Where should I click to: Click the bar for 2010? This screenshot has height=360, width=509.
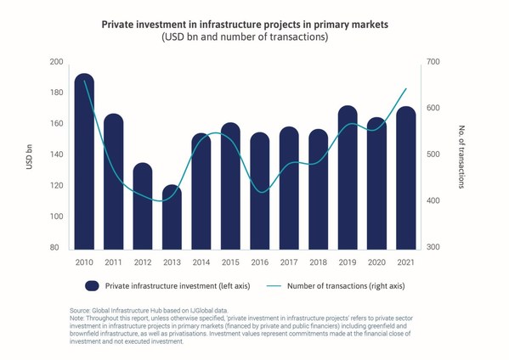tap(84, 161)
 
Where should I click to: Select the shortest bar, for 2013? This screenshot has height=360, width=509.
tap(172, 217)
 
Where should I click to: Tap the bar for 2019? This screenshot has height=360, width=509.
tap(348, 177)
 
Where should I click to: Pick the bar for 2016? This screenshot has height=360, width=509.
tap(260, 191)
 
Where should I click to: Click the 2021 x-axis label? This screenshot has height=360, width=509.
tap(406, 262)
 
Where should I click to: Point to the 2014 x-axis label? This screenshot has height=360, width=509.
tap(201, 262)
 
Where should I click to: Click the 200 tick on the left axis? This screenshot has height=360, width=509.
tap(56, 62)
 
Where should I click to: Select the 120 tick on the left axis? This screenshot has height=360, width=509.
tap(56, 185)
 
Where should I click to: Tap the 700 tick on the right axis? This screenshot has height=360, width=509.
tap(433, 62)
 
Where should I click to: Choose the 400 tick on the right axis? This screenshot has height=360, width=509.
tap(433, 200)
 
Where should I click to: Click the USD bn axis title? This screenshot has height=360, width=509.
tap(29, 156)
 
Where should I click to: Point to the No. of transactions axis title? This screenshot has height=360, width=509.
tap(461, 156)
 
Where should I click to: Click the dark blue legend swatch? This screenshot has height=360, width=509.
tap(92, 286)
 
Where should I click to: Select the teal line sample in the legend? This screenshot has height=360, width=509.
tap(274, 286)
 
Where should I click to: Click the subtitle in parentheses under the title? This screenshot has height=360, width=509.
tap(245, 37)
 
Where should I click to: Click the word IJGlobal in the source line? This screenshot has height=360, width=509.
tap(201, 311)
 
